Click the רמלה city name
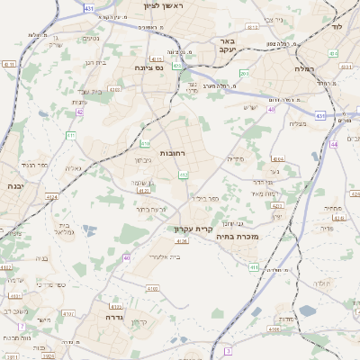tap(307, 67)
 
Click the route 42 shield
tap(80, 112)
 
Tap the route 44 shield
tap(333, 143)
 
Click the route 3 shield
tap(229, 349)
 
